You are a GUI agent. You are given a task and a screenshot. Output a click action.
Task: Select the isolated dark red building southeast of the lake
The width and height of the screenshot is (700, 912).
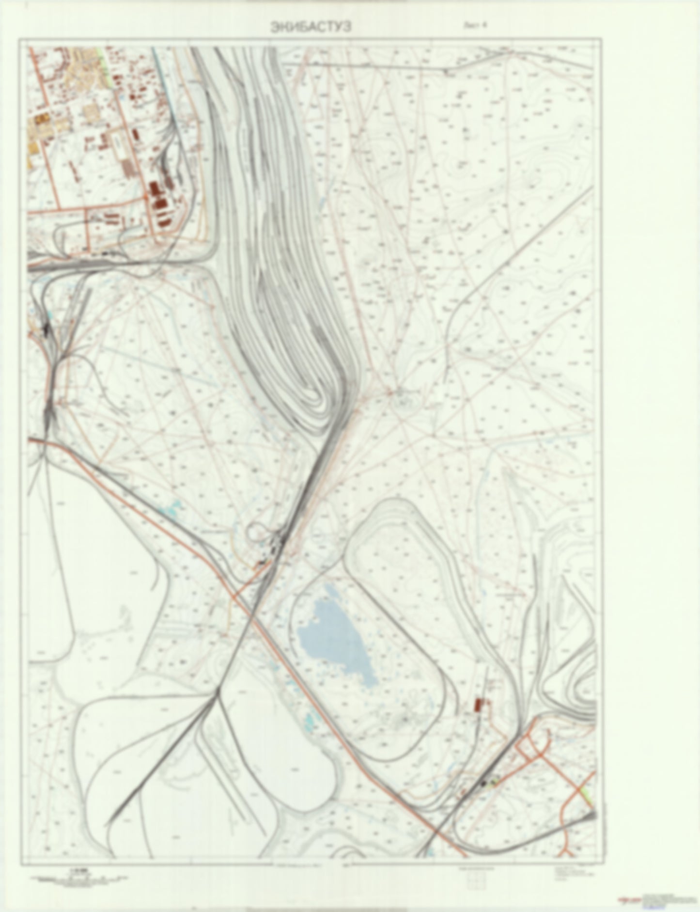pyautogui.click(x=479, y=704)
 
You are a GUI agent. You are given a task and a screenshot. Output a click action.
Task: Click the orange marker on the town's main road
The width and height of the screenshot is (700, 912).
pyautogui.click(x=146, y=197)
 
